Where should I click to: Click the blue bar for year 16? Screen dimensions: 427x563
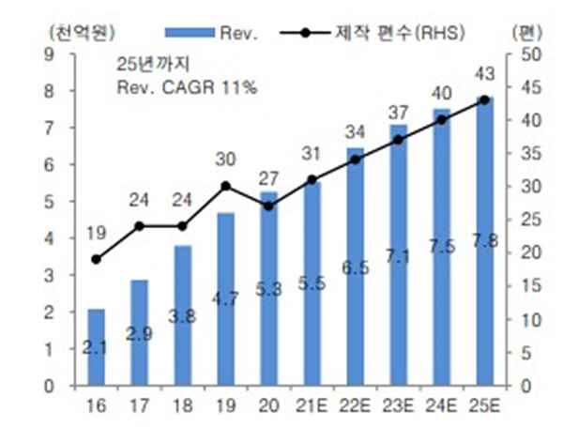[x=96, y=347]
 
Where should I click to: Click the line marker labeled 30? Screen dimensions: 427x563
[x=225, y=186]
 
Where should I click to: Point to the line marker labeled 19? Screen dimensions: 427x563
[x=96, y=259]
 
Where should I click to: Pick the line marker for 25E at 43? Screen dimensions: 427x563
[x=484, y=99]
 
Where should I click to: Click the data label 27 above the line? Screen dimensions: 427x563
[x=267, y=178]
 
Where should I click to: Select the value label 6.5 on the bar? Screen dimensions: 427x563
[x=355, y=267]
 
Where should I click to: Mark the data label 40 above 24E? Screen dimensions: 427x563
[x=440, y=94]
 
